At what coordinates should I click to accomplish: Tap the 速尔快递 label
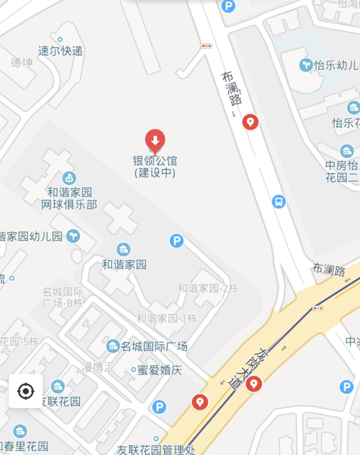point(60,51)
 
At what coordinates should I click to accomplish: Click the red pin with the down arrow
point(155,140)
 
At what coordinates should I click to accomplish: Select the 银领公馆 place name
point(155,161)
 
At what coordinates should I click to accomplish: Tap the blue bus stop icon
point(279,201)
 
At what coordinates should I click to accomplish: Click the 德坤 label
point(22,62)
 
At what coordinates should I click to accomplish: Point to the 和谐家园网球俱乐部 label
point(69,198)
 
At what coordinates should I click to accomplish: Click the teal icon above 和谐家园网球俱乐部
point(69,178)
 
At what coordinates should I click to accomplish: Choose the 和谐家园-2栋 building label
point(208,288)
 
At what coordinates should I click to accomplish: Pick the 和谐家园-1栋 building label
point(167,318)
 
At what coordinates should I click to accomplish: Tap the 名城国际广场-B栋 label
point(63,297)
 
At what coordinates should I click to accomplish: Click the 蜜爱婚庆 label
point(159,370)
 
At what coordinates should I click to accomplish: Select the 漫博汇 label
point(98,367)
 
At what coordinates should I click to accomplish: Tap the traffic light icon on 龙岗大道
point(318,308)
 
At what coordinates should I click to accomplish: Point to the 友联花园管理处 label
point(156,449)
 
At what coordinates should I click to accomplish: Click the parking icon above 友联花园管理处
point(159,407)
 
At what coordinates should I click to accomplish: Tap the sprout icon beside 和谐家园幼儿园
point(73,236)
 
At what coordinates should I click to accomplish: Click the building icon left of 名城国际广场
point(113,346)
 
